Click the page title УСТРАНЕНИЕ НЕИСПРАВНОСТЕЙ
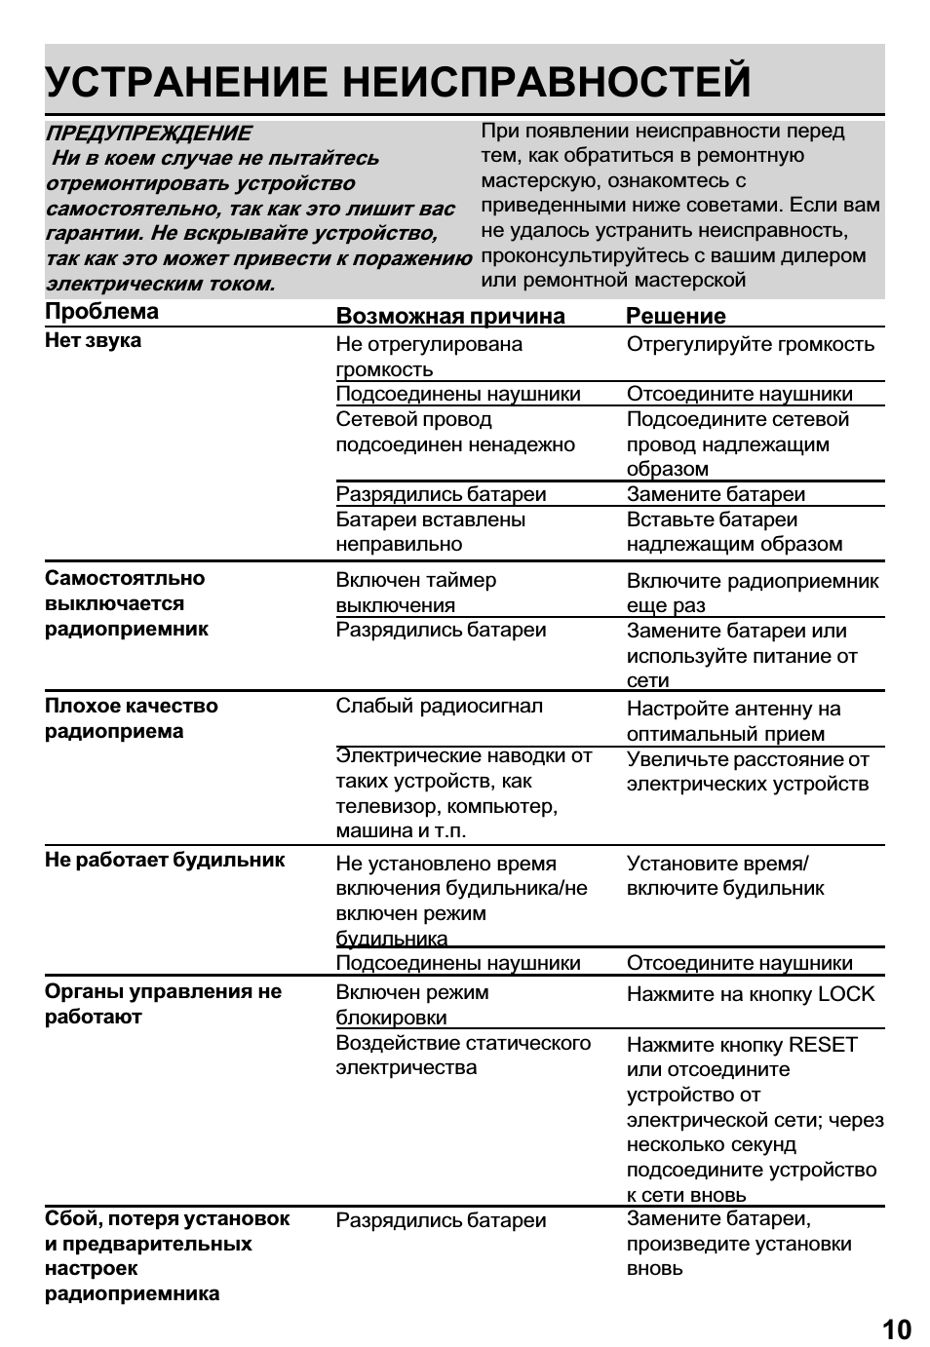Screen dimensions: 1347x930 click(398, 81)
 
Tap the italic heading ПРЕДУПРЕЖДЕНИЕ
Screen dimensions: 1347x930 click(148, 134)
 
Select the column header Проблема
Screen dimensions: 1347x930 click(101, 312)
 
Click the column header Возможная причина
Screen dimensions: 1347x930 click(449, 316)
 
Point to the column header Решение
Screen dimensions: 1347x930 click(676, 316)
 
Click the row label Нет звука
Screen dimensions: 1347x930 click(93, 340)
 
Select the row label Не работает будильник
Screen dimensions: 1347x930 click(165, 860)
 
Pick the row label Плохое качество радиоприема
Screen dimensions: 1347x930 click(131, 718)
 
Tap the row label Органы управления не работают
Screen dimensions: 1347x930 click(163, 1004)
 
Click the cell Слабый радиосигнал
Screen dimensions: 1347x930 click(439, 706)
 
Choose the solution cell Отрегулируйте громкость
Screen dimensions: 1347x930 click(750, 344)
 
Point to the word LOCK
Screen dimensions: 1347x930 click(846, 994)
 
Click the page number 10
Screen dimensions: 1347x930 click(896, 1329)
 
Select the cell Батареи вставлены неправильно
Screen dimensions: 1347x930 click(430, 532)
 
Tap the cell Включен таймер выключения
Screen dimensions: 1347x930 click(415, 593)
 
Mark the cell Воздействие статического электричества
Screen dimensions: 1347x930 click(463, 1056)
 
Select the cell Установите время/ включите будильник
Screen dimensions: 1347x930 click(724, 876)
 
